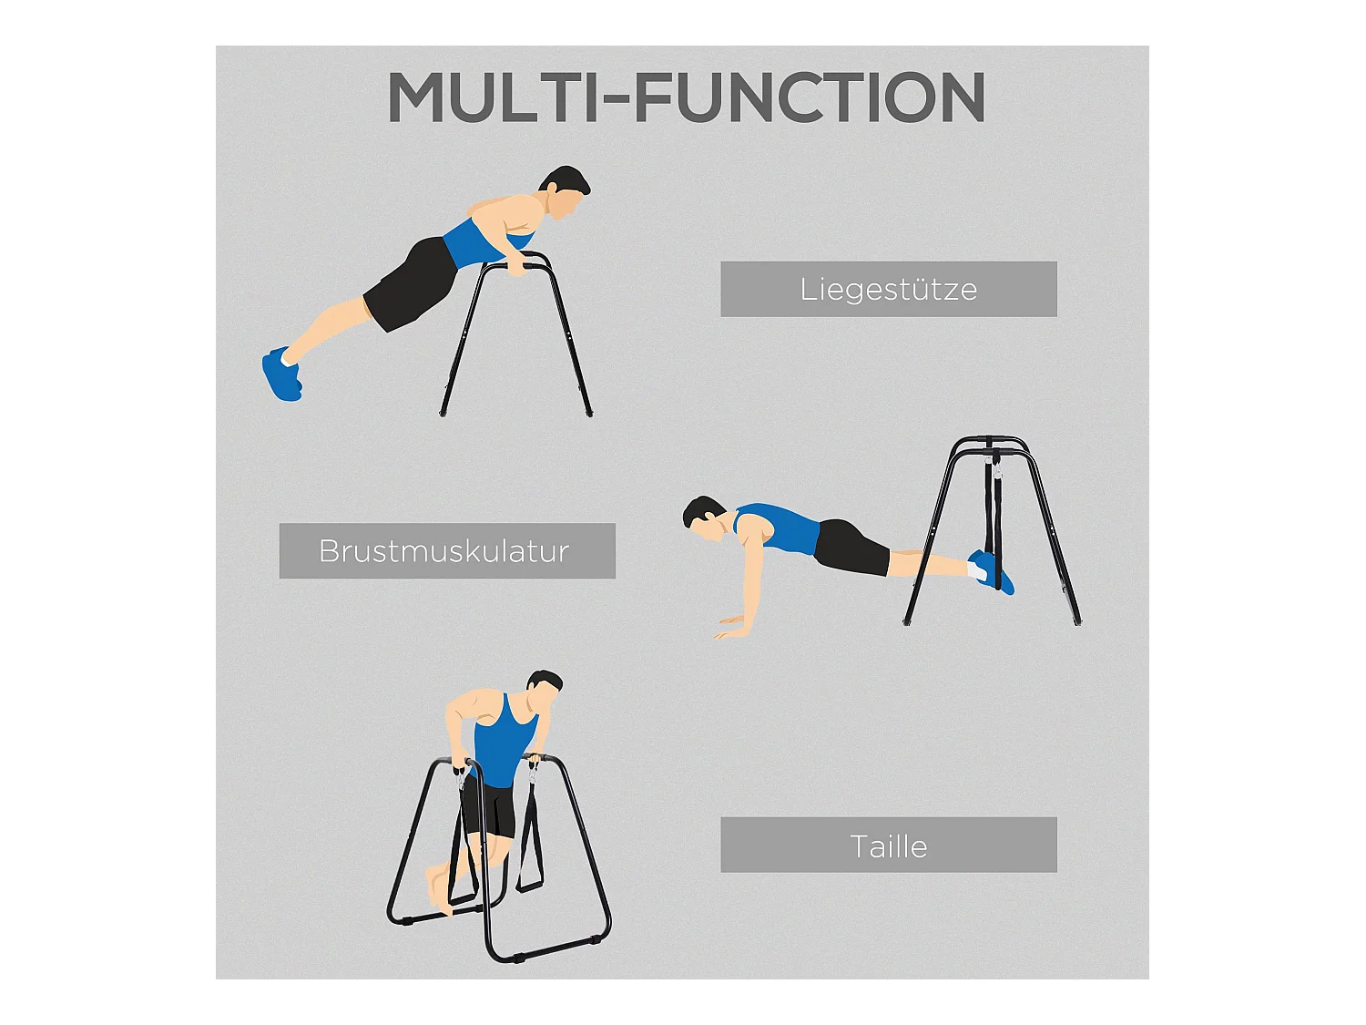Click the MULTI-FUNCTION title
685,97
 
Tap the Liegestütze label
888,290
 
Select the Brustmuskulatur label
443,551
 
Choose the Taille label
888,847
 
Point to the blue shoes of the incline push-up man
282,374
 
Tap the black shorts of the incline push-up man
413,283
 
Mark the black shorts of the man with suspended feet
852,548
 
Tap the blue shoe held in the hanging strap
992,571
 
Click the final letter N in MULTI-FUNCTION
961,97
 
